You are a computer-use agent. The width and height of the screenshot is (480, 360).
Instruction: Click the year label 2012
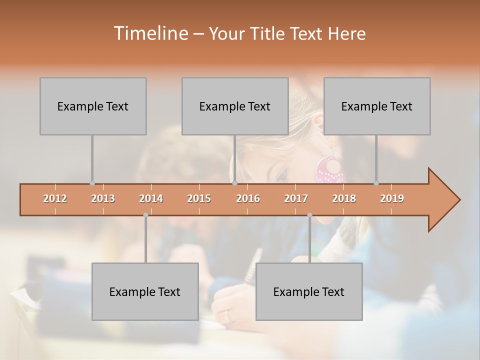pyautogui.click(x=55, y=198)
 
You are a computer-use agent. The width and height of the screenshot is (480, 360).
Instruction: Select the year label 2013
pyautogui.click(x=103, y=198)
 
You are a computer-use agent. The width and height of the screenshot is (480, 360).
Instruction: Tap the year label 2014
pyautogui.click(x=151, y=198)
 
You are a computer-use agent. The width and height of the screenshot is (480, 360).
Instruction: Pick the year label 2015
pyautogui.click(x=199, y=198)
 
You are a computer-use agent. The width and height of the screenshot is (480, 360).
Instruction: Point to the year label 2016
pyautogui.click(x=248, y=198)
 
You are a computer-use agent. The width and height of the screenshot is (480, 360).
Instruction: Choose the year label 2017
pyautogui.click(x=296, y=198)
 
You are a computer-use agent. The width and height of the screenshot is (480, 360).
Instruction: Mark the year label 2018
pyautogui.click(x=344, y=198)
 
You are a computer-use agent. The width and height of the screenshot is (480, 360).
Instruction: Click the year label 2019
pyautogui.click(x=392, y=198)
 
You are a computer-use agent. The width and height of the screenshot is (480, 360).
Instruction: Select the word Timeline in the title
pyautogui.click(x=150, y=33)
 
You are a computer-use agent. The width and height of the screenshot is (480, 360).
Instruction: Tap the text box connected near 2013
pyautogui.click(x=93, y=106)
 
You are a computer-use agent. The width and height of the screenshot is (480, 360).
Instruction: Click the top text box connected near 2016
pyautogui.click(x=235, y=106)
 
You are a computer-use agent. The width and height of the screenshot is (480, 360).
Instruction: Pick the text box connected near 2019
pyautogui.click(x=377, y=106)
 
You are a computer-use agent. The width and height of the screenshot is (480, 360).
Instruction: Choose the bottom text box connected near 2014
pyautogui.click(x=145, y=291)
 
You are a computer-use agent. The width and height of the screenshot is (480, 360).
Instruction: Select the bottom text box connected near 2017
pyautogui.click(x=309, y=291)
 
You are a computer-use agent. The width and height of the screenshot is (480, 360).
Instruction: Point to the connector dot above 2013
pyautogui.click(x=92, y=183)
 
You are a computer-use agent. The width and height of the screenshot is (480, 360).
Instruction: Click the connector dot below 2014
pyautogui.click(x=145, y=215)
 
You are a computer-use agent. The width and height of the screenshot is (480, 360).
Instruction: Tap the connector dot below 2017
pyautogui.click(x=309, y=215)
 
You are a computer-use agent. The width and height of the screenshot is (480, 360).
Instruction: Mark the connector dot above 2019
pyautogui.click(x=376, y=183)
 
